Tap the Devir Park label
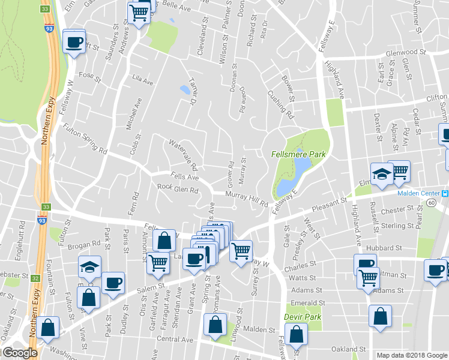303,317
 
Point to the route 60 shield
432,203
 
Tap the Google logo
19,353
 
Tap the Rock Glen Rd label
178,190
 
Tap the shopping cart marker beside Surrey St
241,250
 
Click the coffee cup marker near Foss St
74,42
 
